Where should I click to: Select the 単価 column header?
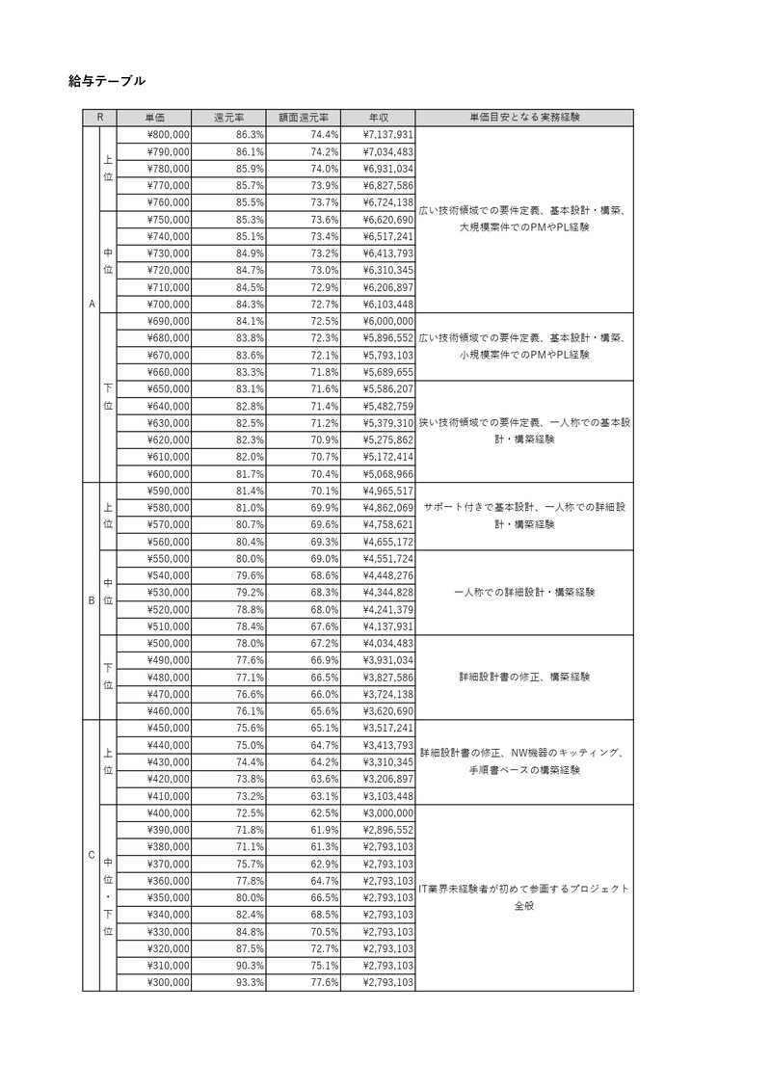[153, 118]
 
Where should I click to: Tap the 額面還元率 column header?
[304, 118]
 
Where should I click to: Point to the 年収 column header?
[378, 118]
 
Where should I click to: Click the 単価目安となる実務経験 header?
[524, 118]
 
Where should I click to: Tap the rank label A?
[92, 305]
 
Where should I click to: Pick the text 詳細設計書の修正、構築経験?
[524, 677]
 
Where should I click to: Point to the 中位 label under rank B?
[108, 592]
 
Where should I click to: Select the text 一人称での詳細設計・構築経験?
[524, 592]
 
